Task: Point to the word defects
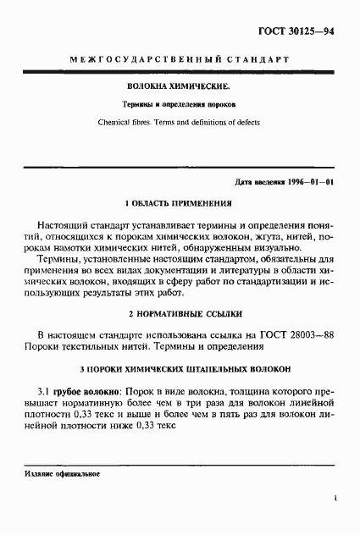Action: coord(245,122)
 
